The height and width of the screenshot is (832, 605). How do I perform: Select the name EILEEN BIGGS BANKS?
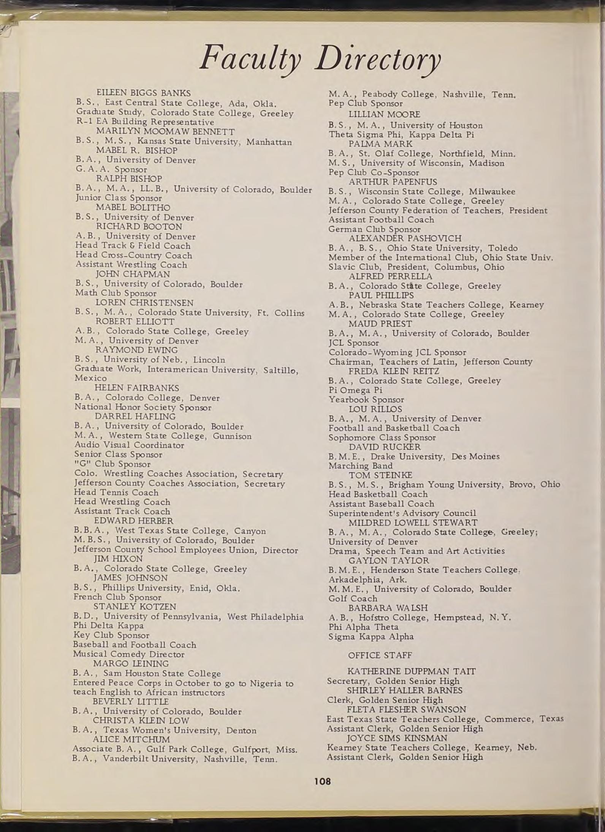coord(143,93)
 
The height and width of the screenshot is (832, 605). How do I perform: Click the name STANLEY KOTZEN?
coord(135,606)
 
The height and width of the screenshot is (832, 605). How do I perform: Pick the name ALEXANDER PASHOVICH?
coord(405,238)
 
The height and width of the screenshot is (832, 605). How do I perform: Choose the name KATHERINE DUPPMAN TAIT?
coord(412,671)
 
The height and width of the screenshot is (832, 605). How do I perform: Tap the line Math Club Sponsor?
coord(116,293)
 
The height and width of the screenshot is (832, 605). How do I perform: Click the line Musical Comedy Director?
coord(128,654)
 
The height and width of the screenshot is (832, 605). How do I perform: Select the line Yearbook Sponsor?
coord(366,399)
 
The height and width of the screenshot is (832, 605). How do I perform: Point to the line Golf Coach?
coord(353,598)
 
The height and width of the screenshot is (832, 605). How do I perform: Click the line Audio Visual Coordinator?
coord(129,445)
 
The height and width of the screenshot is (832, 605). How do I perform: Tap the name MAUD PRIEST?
coord(380,324)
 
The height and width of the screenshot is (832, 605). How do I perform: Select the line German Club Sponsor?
coord(374,229)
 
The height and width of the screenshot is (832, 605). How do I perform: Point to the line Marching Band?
coord(360,466)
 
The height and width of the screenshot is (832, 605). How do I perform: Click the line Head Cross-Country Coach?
coord(133,255)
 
